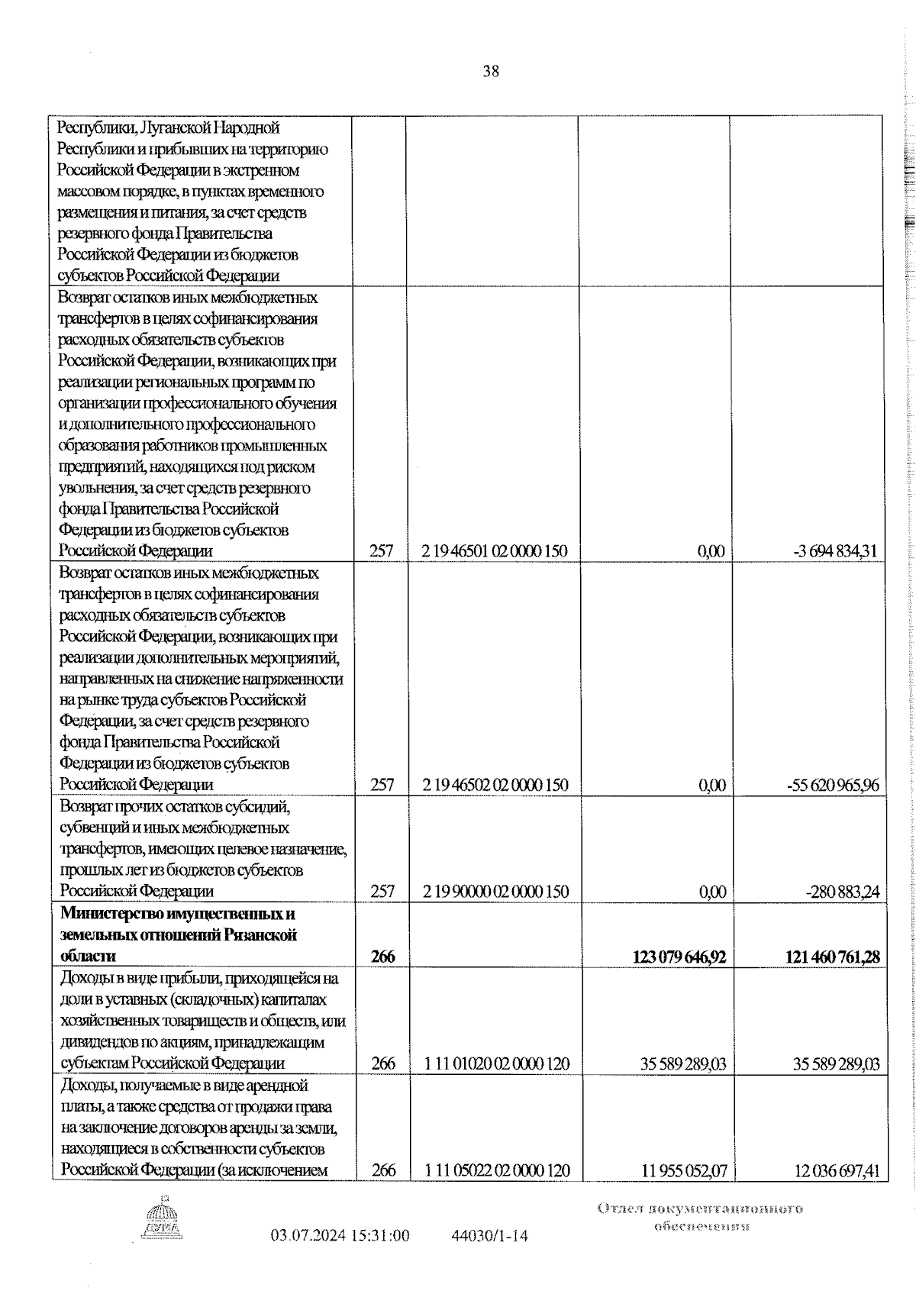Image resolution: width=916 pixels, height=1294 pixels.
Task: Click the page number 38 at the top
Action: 491,72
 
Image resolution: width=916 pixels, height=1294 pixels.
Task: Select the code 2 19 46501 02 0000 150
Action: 499,551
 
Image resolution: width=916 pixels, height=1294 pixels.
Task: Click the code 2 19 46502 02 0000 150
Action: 499,785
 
